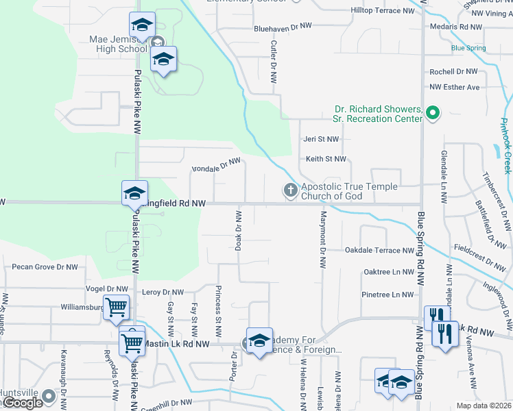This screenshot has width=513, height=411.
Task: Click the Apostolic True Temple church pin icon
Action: [290, 190]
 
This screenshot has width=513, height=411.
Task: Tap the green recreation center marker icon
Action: [432, 112]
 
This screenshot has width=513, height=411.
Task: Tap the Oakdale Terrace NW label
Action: [379, 250]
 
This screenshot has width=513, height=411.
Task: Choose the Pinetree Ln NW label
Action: [387, 295]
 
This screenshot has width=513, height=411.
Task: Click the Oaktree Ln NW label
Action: [388, 272]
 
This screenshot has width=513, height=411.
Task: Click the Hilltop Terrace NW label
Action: [383, 11]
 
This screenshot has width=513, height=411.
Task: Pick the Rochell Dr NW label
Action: [453, 71]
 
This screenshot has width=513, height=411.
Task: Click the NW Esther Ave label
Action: [455, 87]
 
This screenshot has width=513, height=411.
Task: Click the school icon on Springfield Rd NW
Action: [134, 193]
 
